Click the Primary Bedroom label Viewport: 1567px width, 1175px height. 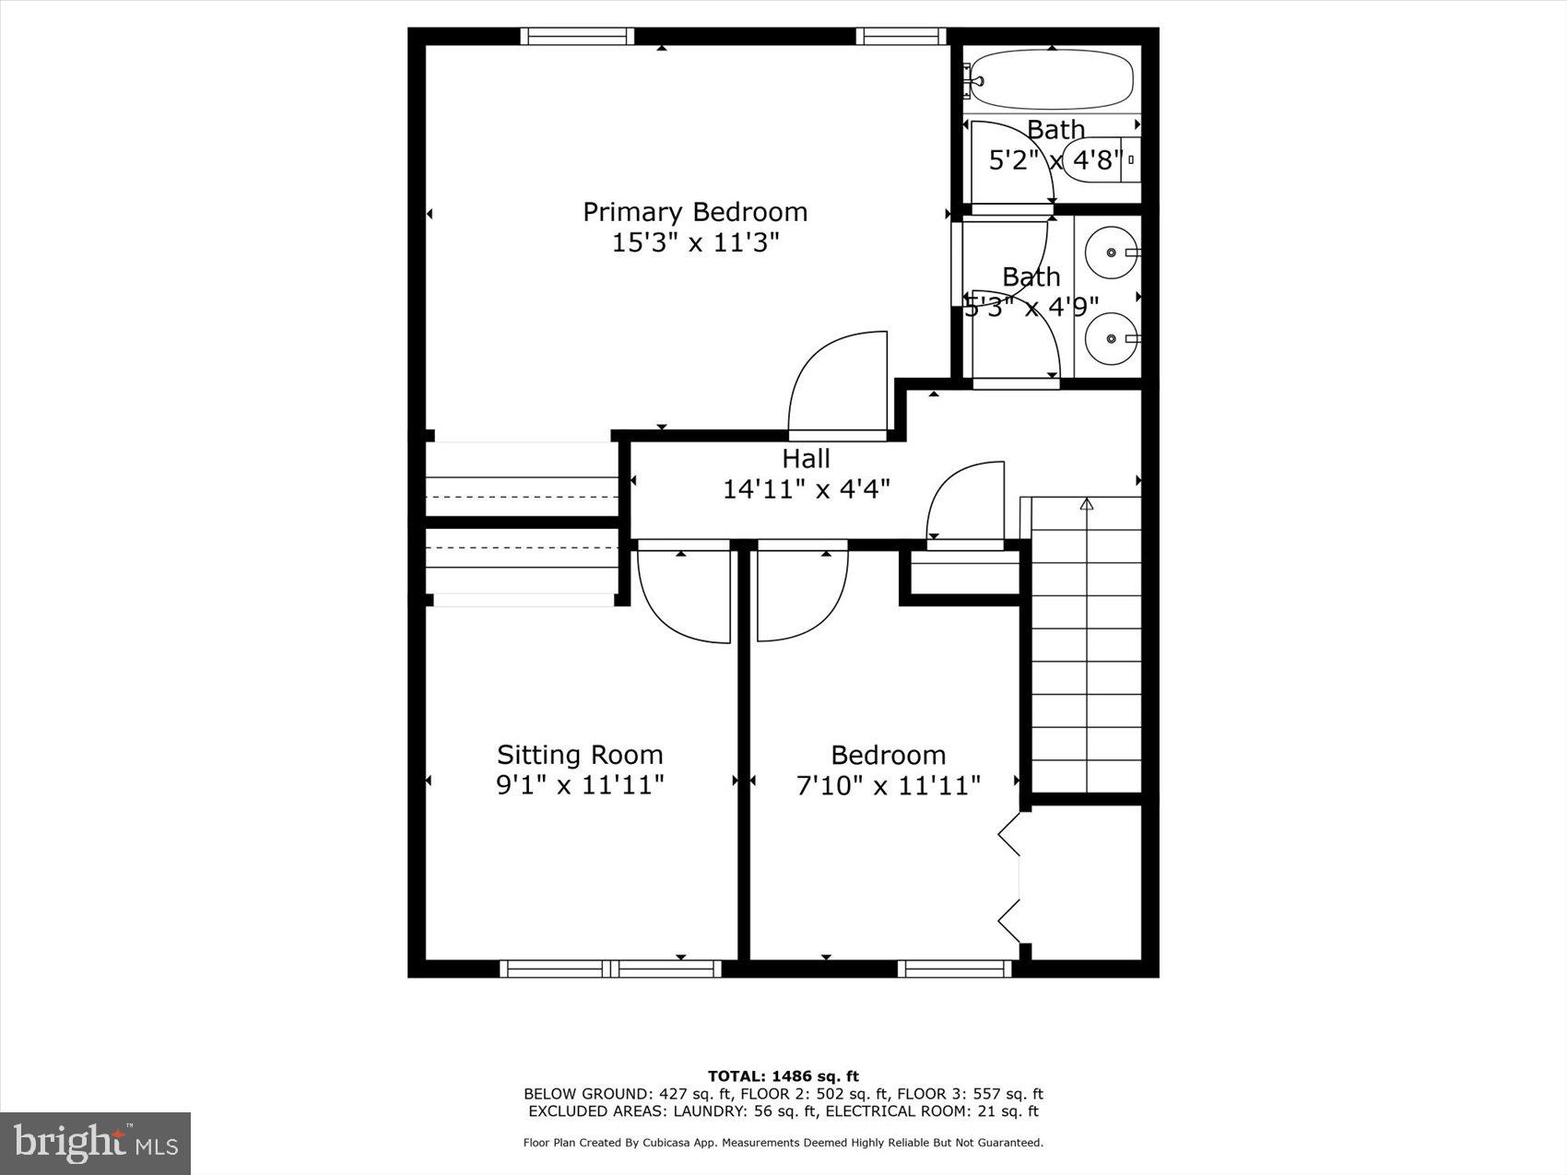[x=695, y=212]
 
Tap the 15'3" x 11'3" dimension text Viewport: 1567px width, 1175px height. [x=695, y=243]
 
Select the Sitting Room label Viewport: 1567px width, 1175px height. [x=580, y=755]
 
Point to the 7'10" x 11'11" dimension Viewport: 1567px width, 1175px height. [x=888, y=786]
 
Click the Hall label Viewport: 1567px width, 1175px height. [x=806, y=458]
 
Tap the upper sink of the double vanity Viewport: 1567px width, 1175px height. [x=1111, y=252]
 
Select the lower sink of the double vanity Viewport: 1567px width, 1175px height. [x=1111, y=338]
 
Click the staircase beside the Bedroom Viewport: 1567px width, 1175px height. [x=1086, y=645]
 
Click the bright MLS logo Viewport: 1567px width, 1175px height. [x=96, y=1143]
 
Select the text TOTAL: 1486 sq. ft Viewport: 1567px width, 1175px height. [x=783, y=1075]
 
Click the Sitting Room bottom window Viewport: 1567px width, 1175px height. [x=610, y=969]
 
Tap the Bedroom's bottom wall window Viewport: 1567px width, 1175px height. [x=954, y=969]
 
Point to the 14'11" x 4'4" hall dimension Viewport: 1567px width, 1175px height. [x=806, y=488]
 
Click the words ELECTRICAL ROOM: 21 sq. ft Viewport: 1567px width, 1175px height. [x=931, y=1111]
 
